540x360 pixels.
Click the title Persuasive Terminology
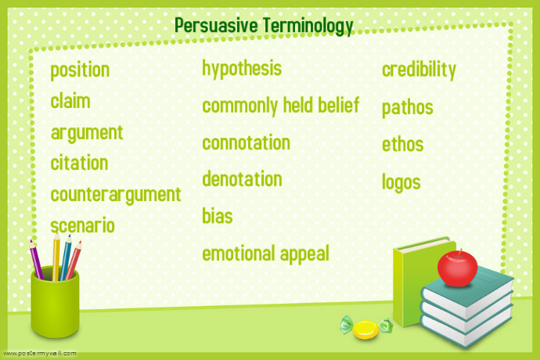point(264,26)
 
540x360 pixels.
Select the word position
point(80,70)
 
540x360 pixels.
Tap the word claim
point(70,101)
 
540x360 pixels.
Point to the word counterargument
point(116,194)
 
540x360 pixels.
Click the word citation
point(79,164)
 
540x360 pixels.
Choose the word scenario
point(82,226)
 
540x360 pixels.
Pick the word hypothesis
point(242,69)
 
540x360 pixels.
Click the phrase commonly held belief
point(280,106)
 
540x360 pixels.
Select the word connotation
point(246,142)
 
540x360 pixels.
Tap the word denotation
point(242,179)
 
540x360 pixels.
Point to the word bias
point(218,216)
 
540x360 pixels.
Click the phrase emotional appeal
point(265,254)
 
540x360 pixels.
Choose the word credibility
point(419,70)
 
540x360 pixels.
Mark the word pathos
point(407,107)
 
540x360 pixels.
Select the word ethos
point(402,145)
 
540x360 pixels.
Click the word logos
point(401,182)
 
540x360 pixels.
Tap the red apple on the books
point(456,268)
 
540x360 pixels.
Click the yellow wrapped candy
point(365,329)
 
